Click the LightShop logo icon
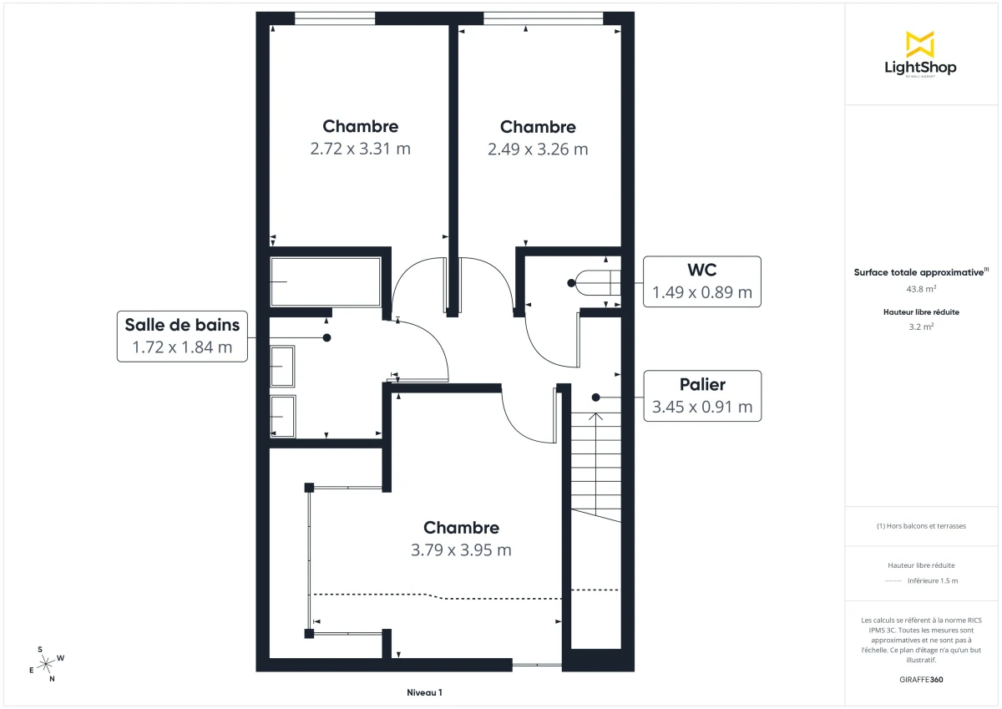click(x=920, y=44)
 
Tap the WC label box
click(x=702, y=281)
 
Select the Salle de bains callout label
click(x=182, y=336)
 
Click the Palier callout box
click(x=702, y=396)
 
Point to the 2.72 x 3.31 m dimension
click(x=360, y=149)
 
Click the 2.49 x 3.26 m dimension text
click(x=538, y=149)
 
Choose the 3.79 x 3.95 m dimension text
click(x=461, y=550)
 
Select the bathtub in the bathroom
click(x=325, y=282)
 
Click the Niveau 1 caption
click(x=424, y=692)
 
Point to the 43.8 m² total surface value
click(x=920, y=288)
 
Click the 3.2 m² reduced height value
click(x=920, y=327)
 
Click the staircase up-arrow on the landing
click(x=595, y=415)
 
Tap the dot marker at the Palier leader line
click(x=595, y=397)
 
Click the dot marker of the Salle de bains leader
click(x=326, y=337)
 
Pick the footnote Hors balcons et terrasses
click(x=921, y=526)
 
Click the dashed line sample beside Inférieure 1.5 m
click(x=893, y=580)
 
